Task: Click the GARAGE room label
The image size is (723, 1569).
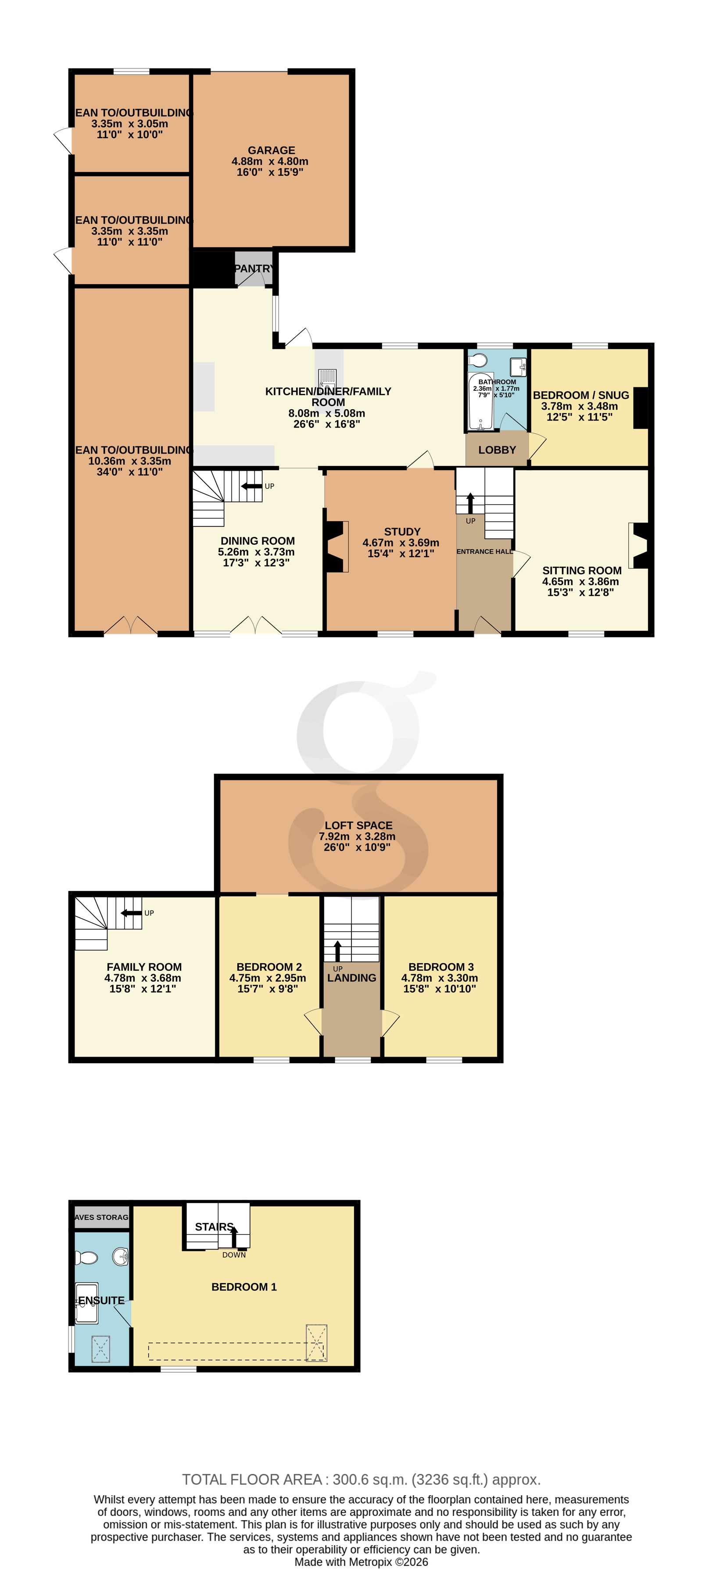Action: pos(271,150)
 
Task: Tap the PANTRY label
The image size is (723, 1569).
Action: pos(254,268)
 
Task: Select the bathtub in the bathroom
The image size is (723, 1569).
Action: pos(481,402)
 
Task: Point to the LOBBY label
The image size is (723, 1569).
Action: pos(497,450)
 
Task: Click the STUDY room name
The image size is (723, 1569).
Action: pos(402,532)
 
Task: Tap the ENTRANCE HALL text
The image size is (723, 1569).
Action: pos(484,552)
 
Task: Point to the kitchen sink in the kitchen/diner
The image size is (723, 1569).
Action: pos(328,381)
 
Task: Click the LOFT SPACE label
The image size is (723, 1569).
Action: pos(358,826)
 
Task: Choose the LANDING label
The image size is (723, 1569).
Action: pos(351,978)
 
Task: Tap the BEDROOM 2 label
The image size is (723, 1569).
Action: pos(269,967)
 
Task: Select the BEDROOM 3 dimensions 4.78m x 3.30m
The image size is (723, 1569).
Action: pos(439,978)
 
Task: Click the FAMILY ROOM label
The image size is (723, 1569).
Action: pos(144,967)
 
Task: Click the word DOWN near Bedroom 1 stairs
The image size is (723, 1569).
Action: pos(234,1254)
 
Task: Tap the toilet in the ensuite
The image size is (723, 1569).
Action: pos(86,1257)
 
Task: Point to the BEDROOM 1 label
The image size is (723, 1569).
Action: pos(243,1287)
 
